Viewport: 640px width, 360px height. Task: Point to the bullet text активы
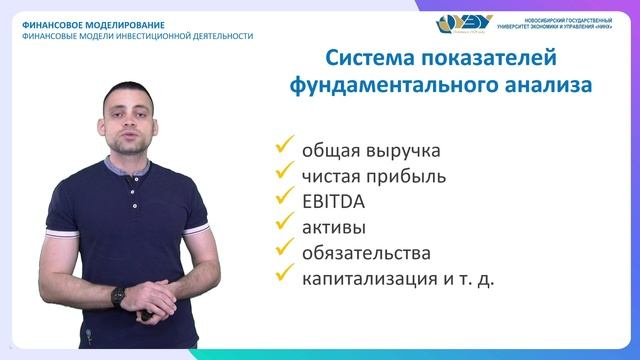(334, 226)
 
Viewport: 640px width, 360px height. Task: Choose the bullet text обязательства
(366, 252)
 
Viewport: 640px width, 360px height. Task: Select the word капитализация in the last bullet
(368, 278)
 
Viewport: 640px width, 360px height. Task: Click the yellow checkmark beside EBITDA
(284, 198)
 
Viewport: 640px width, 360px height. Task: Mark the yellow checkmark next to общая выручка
(284, 148)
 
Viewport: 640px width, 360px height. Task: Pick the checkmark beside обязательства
(284, 249)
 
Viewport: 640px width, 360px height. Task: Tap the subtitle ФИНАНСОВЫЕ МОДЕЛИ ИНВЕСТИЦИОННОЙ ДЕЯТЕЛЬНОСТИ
(137, 36)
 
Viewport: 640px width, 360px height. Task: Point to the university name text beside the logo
(561, 24)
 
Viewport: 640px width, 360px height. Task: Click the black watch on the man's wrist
(119, 296)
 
